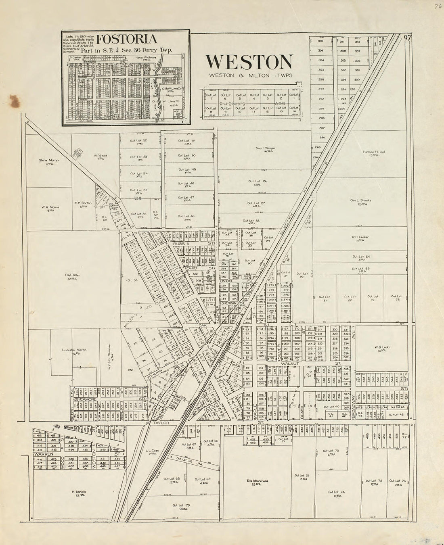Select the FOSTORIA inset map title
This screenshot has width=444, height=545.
tap(126, 40)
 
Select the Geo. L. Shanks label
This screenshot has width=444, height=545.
tap(360, 200)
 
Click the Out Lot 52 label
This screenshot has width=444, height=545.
tap(138, 140)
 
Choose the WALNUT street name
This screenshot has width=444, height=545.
tap(289, 363)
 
